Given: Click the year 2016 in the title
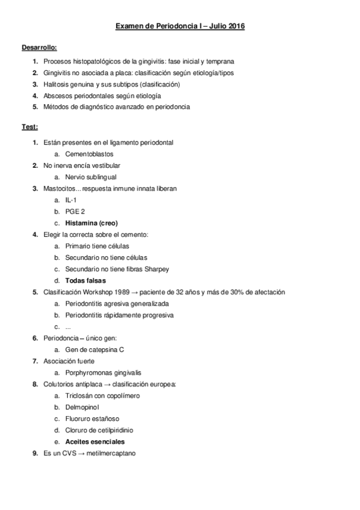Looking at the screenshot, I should (x=235, y=27).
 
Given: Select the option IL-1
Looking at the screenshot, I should (x=71, y=200).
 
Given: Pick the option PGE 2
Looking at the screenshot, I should (x=75, y=211).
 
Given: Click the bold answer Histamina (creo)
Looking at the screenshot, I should (x=91, y=223).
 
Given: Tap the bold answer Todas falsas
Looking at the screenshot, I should (x=85, y=280).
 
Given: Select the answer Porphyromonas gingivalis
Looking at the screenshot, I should (x=103, y=373).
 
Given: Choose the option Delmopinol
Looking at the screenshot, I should (x=84, y=407).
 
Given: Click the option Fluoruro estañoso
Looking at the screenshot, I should (x=92, y=419).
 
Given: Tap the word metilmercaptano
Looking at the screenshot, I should (x=111, y=453).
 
